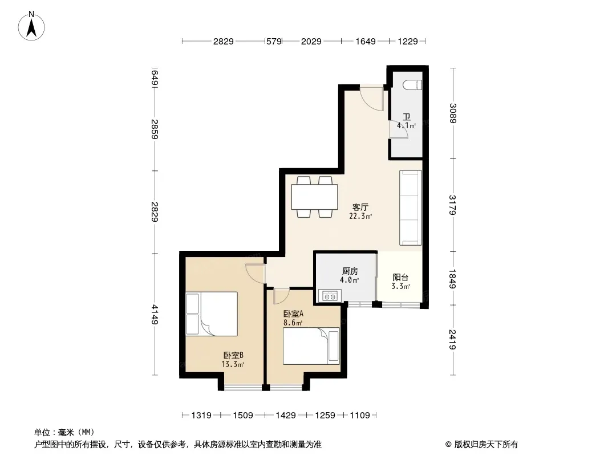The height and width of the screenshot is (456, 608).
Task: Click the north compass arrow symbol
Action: pyautogui.click(x=31, y=26)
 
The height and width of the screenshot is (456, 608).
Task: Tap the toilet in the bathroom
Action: pyautogui.click(x=412, y=84)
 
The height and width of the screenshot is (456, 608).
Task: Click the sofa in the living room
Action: pyautogui.click(x=411, y=207)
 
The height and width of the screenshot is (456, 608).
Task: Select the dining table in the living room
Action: pyautogui.click(x=314, y=197)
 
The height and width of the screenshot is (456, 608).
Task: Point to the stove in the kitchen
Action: pyautogui.click(x=330, y=296)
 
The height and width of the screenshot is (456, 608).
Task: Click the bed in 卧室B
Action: pyautogui.click(x=212, y=314)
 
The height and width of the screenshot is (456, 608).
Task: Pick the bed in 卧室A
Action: pyautogui.click(x=311, y=346)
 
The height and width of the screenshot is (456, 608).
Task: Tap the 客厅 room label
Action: pyautogui.click(x=360, y=207)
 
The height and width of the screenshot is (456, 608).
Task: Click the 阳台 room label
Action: pyautogui.click(x=400, y=278)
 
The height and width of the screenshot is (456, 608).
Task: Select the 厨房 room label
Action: pyautogui.click(x=350, y=271)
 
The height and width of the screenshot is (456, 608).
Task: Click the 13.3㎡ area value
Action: pyautogui.click(x=233, y=364)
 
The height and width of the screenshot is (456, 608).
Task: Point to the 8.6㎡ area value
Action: pyautogui.click(x=293, y=323)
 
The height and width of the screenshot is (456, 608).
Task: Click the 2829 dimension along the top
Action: pyautogui.click(x=224, y=41)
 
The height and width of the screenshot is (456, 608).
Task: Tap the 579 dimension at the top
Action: pyautogui.click(x=274, y=41)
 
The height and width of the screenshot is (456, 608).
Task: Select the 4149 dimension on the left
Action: pyautogui.click(x=155, y=315)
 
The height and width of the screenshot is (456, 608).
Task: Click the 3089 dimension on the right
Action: pyautogui.click(x=452, y=113)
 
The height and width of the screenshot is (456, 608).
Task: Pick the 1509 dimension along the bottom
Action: pyautogui.click(x=243, y=416)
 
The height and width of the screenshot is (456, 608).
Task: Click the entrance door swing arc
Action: pyautogui.click(x=370, y=99)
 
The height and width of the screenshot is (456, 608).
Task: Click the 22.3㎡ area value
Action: pyautogui.click(x=360, y=216)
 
